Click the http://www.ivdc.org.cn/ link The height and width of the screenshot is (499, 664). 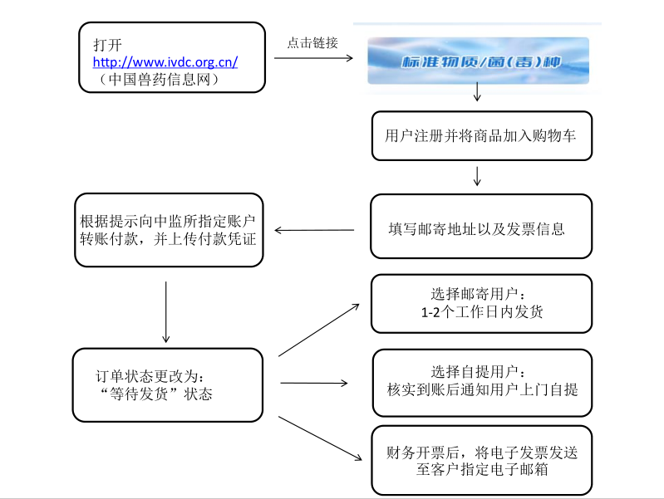pyautogui.click(x=165, y=61)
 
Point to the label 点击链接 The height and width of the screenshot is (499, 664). pyautogui.click(x=312, y=43)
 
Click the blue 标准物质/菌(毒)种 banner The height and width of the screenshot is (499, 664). pyautogui.click(x=478, y=61)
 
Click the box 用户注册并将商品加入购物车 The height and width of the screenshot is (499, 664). pyautogui.click(x=481, y=135)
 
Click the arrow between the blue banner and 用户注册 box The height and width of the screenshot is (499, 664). pyautogui.click(x=477, y=94)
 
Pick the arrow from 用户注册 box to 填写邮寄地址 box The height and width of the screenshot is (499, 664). pyautogui.click(x=477, y=176)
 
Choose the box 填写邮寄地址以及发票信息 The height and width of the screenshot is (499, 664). pyautogui.click(x=481, y=226)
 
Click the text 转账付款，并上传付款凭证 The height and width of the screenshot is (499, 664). pyautogui.click(x=168, y=239)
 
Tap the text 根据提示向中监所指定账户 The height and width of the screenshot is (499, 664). pyautogui.click(x=168, y=221)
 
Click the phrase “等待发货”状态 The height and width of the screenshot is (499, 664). pyautogui.click(x=155, y=393)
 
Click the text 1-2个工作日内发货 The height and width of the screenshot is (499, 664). pyautogui.click(x=482, y=312)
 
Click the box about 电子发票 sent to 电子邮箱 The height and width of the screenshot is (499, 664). pyautogui.click(x=481, y=461)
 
